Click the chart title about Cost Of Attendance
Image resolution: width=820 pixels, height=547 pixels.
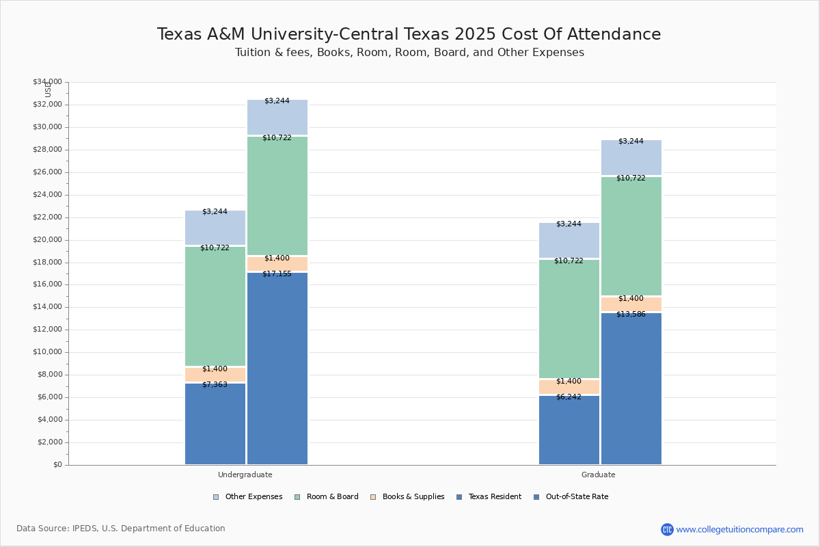click(409, 35)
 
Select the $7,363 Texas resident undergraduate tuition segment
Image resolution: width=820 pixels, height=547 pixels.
click(215, 424)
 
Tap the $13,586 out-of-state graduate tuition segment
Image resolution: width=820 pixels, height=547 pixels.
click(631, 388)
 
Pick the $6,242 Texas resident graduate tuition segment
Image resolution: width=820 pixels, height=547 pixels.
click(569, 430)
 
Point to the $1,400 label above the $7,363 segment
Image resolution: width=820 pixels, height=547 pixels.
click(215, 369)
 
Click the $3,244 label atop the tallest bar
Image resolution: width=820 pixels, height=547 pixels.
click(277, 101)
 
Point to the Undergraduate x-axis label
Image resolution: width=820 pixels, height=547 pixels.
click(245, 475)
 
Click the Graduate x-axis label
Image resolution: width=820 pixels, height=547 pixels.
click(599, 475)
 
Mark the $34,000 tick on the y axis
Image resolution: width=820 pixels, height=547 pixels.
click(47, 82)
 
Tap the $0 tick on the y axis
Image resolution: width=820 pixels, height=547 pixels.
click(57, 465)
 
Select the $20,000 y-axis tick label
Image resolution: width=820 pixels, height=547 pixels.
click(47, 240)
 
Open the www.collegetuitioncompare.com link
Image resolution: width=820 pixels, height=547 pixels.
click(739, 529)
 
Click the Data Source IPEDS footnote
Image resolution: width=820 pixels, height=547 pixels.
click(121, 529)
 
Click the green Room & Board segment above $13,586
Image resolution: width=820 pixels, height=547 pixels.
click(631, 236)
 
